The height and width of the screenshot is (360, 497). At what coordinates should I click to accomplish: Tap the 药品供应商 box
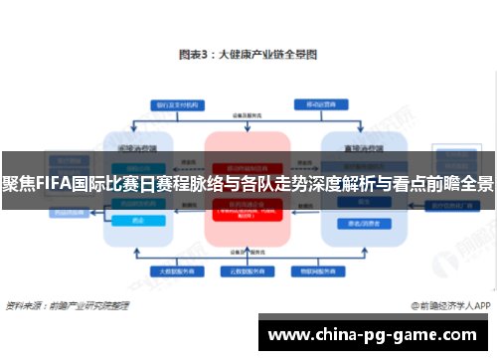pyautogui.click(x=138, y=207)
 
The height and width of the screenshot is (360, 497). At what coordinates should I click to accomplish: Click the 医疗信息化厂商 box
pyautogui.click(x=451, y=207)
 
